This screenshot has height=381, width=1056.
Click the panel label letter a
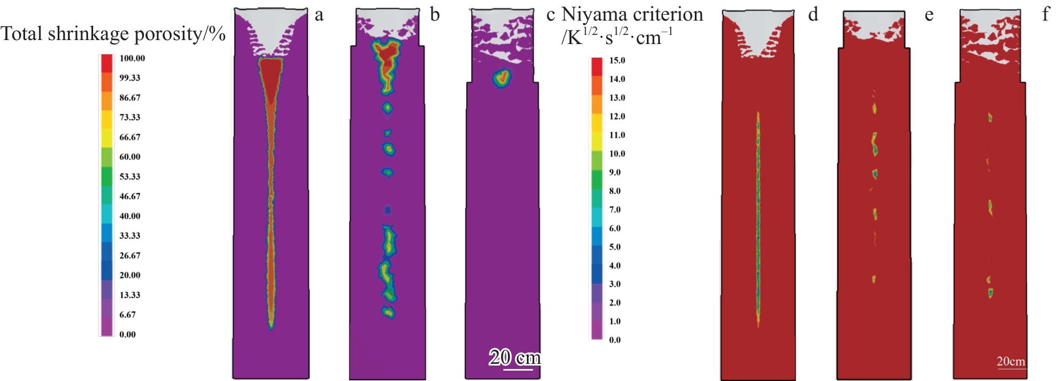point(319,15)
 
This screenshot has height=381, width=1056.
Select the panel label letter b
point(435,14)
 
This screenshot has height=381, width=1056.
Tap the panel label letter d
point(813,14)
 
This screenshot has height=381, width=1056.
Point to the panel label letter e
point(929,15)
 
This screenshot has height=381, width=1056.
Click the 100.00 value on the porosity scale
point(132,58)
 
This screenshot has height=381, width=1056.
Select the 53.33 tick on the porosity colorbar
point(130,177)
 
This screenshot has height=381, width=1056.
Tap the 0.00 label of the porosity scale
point(127,335)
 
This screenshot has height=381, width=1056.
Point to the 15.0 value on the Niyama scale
point(617,61)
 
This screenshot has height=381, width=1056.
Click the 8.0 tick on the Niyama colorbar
point(615,191)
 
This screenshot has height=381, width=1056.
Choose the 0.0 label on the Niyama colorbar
point(615,340)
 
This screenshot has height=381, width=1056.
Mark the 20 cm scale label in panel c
point(514,358)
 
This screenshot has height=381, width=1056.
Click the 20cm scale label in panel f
point(1011,362)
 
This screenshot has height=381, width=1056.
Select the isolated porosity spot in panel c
point(502,77)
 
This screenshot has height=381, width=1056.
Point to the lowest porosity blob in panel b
point(389,312)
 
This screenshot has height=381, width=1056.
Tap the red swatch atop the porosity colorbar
point(107,63)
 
